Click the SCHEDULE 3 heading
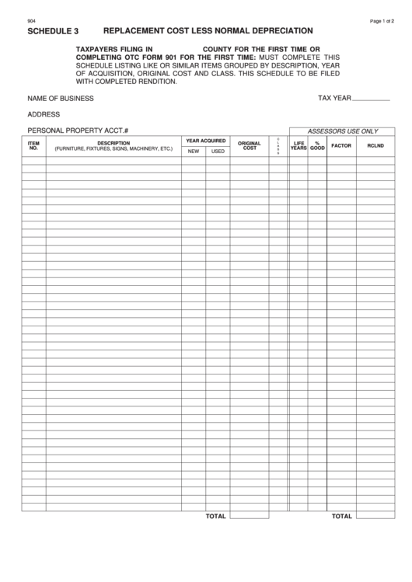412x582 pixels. pyautogui.click(x=53, y=32)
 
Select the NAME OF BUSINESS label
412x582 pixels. pyautogui.click(x=61, y=99)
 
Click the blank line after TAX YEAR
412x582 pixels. pyautogui.click(x=372, y=99)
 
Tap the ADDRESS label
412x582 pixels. pyautogui.click(x=44, y=114)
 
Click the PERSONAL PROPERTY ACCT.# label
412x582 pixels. pyautogui.click(x=78, y=130)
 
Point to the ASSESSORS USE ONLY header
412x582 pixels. pyautogui.click(x=343, y=131)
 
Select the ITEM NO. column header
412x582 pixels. pyautogui.click(x=33, y=145)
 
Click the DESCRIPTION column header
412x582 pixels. pyautogui.click(x=113, y=145)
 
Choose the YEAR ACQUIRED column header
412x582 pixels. pyautogui.click(x=206, y=141)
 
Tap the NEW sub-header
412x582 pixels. pyautogui.click(x=194, y=151)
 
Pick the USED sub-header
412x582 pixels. pyautogui.click(x=218, y=151)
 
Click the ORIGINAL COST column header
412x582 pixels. pyautogui.click(x=250, y=145)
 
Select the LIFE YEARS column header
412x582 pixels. pyautogui.click(x=299, y=145)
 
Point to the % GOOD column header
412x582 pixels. pyautogui.click(x=317, y=145)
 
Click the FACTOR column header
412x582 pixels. pyautogui.click(x=341, y=145)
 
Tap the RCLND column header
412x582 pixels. pyautogui.click(x=375, y=145)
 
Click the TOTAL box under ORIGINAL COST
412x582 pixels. pyautogui.click(x=250, y=516)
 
